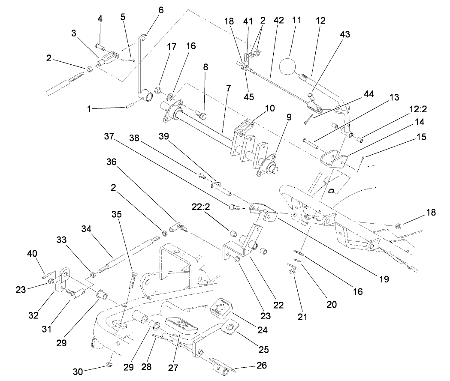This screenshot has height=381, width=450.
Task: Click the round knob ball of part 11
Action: click(288, 66)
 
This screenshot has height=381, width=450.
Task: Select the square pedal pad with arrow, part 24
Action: click(222, 307)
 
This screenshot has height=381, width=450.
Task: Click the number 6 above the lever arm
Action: click(161, 10)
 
